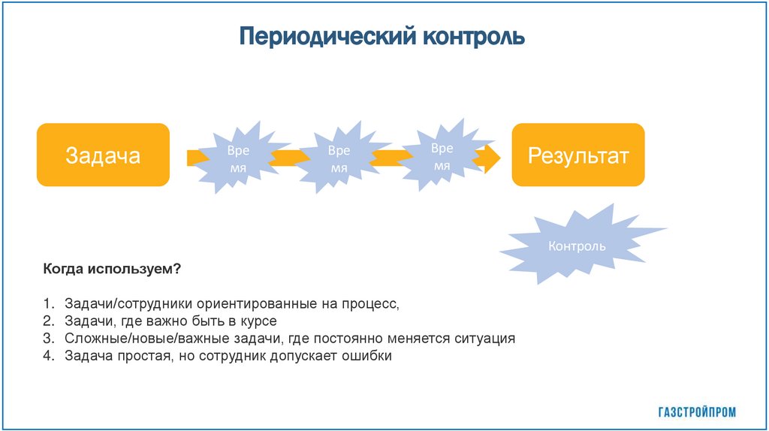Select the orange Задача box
pyautogui.click(x=103, y=155)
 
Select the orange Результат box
pyautogui.click(x=578, y=155)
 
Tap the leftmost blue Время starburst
pyautogui.click(x=237, y=158)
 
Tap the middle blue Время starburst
pyautogui.click(x=339, y=158)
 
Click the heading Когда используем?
pyautogui.click(x=112, y=269)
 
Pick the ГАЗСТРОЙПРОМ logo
pyautogui.click(x=697, y=411)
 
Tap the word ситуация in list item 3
pyautogui.click(x=484, y=339)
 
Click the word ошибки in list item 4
pyautogui.click(x=368, y=356)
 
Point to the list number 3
pyautogui.click(x=47, y=339)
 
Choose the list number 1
pyautogui.click(x=47, y=304)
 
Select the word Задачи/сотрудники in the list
pyautogui.click(x=128, y=304)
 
